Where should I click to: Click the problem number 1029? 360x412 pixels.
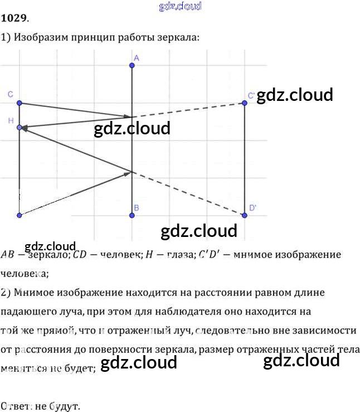click(x=14, y=18)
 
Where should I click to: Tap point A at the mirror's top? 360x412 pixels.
click(x=132, y=66)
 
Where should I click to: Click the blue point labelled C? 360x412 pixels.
click(x=20, y=103)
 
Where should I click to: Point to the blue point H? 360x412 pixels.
click(x=20, y=128)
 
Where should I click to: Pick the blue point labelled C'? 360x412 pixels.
click(x=244, y=103)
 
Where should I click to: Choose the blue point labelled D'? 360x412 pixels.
click(x=244, y=215)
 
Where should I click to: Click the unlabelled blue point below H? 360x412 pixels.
click(x=20, y=215)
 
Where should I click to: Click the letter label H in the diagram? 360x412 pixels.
click(x=11, y=120)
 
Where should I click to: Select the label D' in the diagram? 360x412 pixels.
click(x=252, y=207)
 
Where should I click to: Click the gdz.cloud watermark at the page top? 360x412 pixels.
click(x=180, y=6)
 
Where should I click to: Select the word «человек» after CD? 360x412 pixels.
click(x=115, y=254)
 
